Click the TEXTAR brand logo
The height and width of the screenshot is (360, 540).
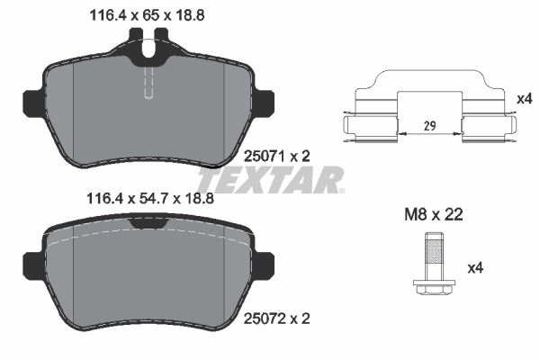coord(281,180)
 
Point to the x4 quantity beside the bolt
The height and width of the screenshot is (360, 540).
coord(475,269)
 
